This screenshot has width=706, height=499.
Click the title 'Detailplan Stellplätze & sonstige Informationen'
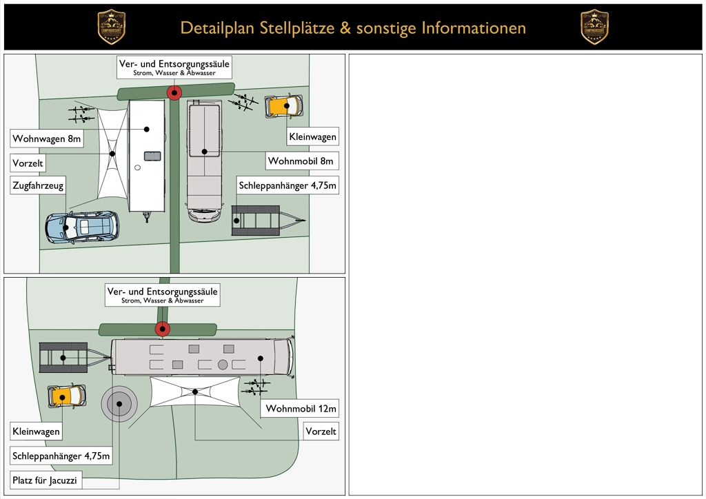tap(353, 28)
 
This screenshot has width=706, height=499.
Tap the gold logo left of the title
tap(111, 28)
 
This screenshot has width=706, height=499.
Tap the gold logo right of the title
tap(594, 28)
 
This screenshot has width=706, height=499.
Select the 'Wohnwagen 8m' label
tap(47, 139)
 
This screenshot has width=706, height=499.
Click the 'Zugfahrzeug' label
tap(37, 186)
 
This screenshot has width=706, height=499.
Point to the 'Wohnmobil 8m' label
tap(301, 161)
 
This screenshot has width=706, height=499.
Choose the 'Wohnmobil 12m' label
tap(301, 409)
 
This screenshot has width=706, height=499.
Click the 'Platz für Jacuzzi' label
tap(46, 480)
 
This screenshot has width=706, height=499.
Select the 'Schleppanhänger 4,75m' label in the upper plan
tap(288, 185)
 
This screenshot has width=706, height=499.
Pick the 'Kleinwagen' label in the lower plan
tap(36, 432)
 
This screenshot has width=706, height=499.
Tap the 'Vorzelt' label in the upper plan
tap(28, 163)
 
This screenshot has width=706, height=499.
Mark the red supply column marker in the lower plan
tap(163, 329)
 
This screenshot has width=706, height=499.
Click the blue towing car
tap(82, 226)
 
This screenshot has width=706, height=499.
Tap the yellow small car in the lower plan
tap(66, 396)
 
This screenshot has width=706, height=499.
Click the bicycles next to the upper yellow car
tap(245, 103)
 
